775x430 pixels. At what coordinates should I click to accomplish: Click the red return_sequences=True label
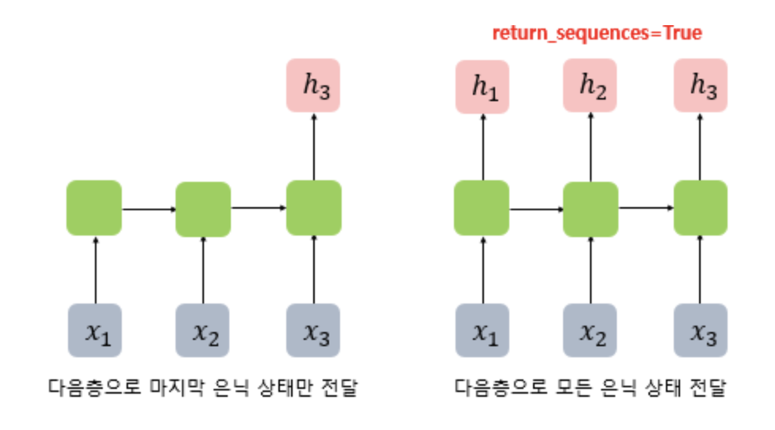point(596,33)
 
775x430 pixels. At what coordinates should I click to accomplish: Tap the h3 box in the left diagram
point(314,85)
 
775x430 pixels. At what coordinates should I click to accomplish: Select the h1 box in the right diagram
point(480,85)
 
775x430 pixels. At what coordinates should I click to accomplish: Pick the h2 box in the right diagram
point(590,85)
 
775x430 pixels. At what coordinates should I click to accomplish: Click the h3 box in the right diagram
point(701,85)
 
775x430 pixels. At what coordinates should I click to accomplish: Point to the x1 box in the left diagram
point(94,330)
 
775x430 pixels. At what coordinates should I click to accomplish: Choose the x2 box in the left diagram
point(203,330)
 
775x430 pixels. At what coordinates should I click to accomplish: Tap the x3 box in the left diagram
point(314,330)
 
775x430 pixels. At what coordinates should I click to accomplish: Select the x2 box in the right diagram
point(590,330)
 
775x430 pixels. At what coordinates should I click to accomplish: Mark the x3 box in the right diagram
point(701,330)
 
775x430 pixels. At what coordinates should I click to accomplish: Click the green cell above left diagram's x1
point(94,208)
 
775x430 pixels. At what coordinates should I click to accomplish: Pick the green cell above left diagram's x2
point(203,209)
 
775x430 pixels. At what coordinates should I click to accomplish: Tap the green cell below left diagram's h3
point(314,208)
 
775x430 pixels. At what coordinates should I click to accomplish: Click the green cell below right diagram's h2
point(590,209)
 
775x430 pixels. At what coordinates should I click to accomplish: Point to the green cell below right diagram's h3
point(701,208)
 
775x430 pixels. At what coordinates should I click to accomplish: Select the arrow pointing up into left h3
point(314,146)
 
